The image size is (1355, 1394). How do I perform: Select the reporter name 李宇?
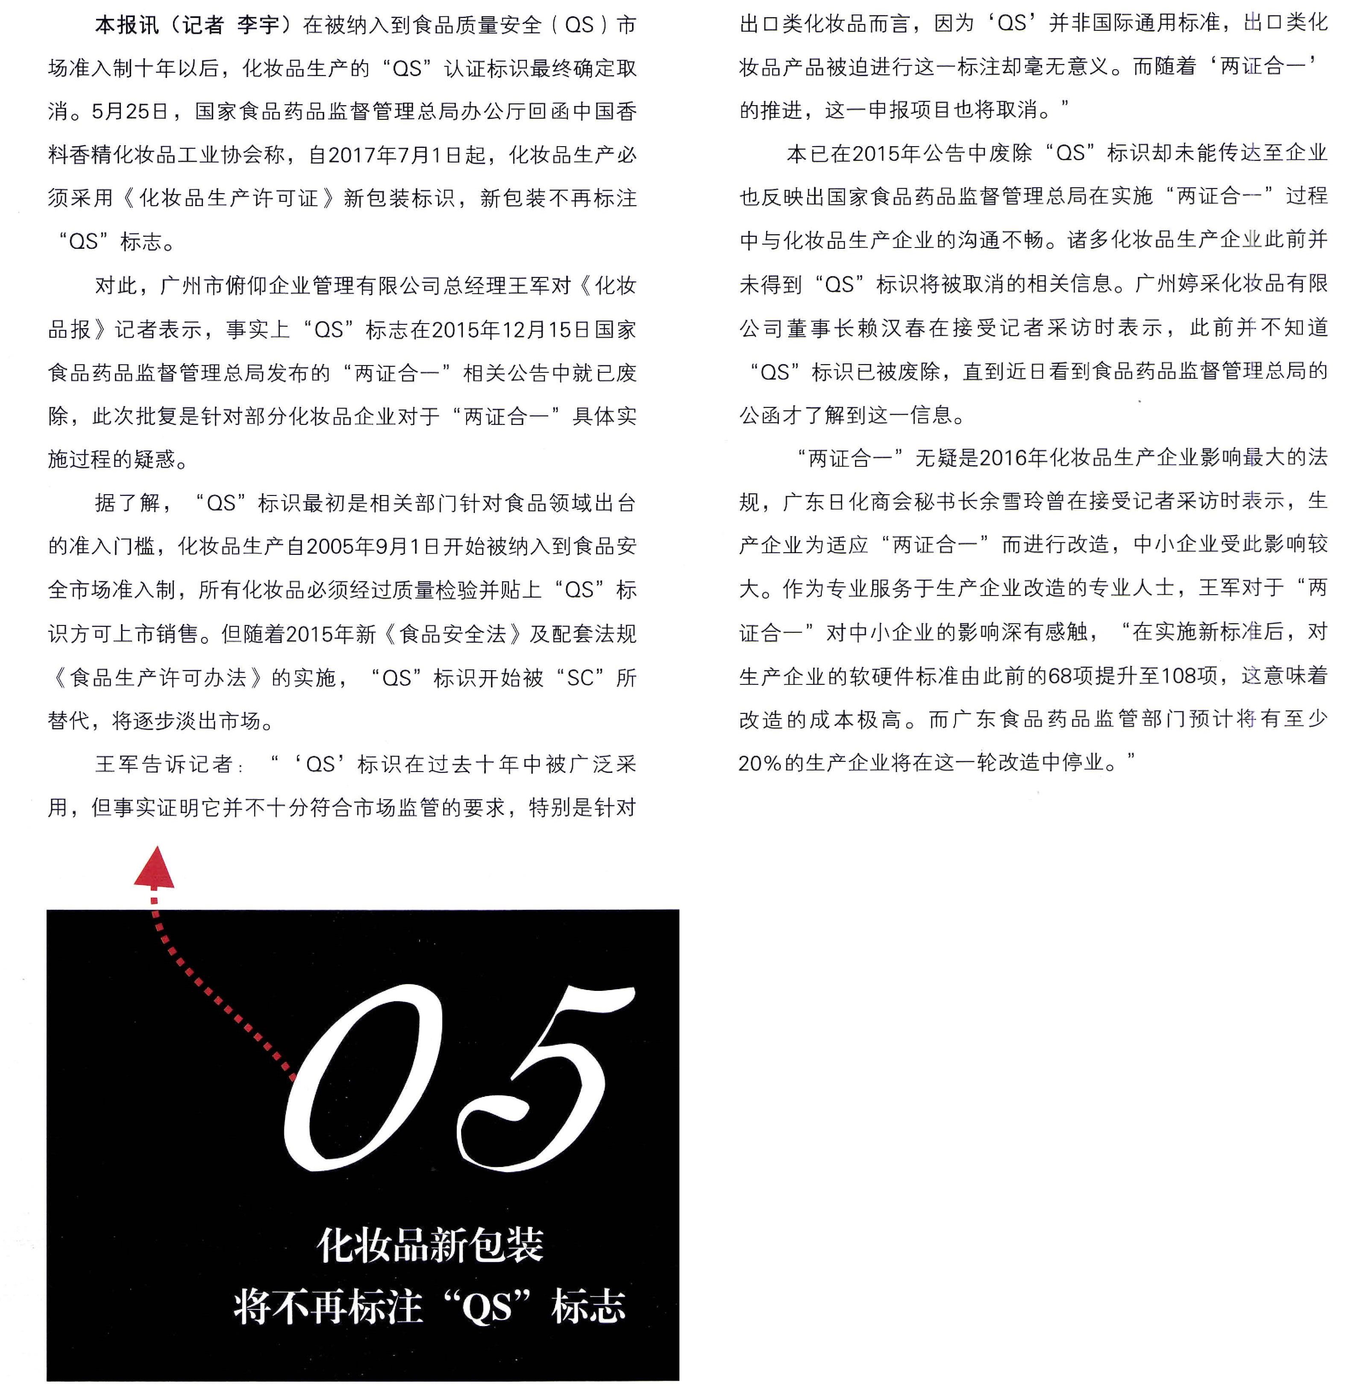coord(258,26)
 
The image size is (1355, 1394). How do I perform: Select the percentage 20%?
coord(761,763)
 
